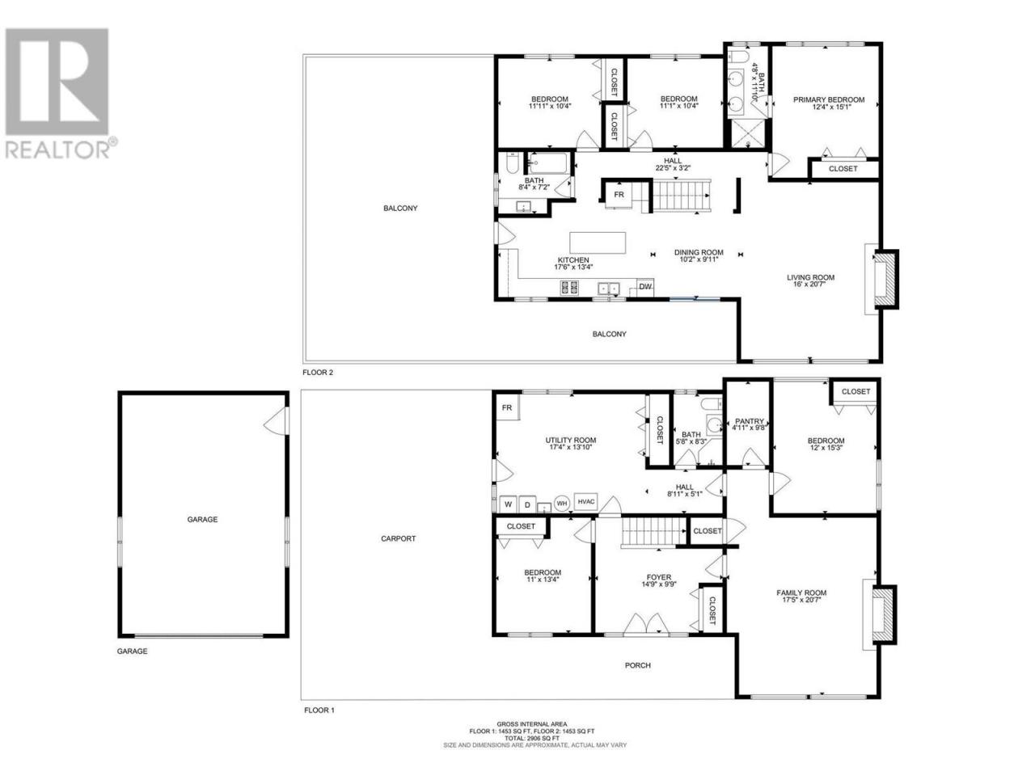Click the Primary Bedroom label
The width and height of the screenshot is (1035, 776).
[x=829, y=100]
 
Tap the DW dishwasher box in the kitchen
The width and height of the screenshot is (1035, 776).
[x=645, y=287]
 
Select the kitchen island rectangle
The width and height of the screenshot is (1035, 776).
[x=598, y=242]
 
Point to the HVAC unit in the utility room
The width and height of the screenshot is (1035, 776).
[x=585, y=502]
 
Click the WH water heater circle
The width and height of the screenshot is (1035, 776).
[x=562, y=504]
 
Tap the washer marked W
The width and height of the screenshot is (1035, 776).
[x=509, y=504]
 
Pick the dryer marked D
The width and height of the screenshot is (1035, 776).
[x=527, y=504]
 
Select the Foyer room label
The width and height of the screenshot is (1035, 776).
[x=659, y=577]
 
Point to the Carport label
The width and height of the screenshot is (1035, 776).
[x=398, y=538]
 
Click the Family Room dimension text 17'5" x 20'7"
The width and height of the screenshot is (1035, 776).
[x=801, y=600]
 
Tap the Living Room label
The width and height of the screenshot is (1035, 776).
[x=810, y=277]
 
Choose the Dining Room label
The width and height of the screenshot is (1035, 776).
[x=699, y=252]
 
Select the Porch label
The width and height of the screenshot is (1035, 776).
[x=637, y=665]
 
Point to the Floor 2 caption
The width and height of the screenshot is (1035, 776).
[x=318, y=372]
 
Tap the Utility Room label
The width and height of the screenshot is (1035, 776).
[x=571, y=441]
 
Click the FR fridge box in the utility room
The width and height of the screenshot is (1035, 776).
[x=507, y=407]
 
